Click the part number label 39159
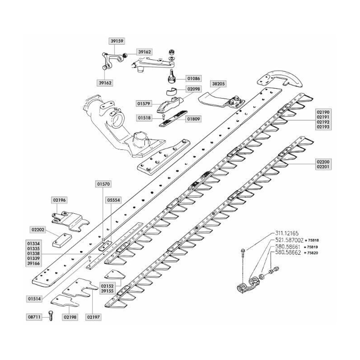(x=117, y=40)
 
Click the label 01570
(x=103, y=184)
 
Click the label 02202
(x=38, y=229)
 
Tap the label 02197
(x=94, y=317)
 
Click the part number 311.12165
(x=287, y=234)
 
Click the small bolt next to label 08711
(x=50, y=317)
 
